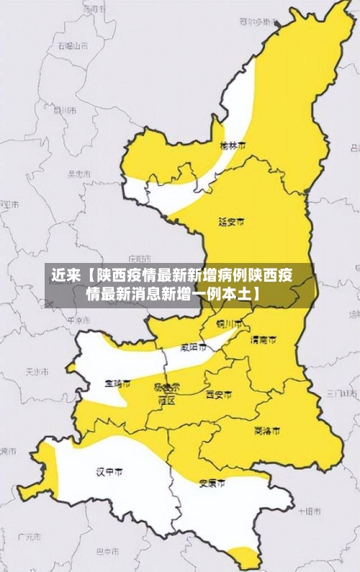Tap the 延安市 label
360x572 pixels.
231,222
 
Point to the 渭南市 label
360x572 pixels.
262,339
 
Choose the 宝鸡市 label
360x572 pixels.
117,383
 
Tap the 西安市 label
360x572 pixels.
219,395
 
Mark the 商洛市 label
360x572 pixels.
267,431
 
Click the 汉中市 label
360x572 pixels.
109,472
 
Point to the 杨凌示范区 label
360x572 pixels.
167,393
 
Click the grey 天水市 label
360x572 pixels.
37,372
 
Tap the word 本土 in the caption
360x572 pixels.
238,294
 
